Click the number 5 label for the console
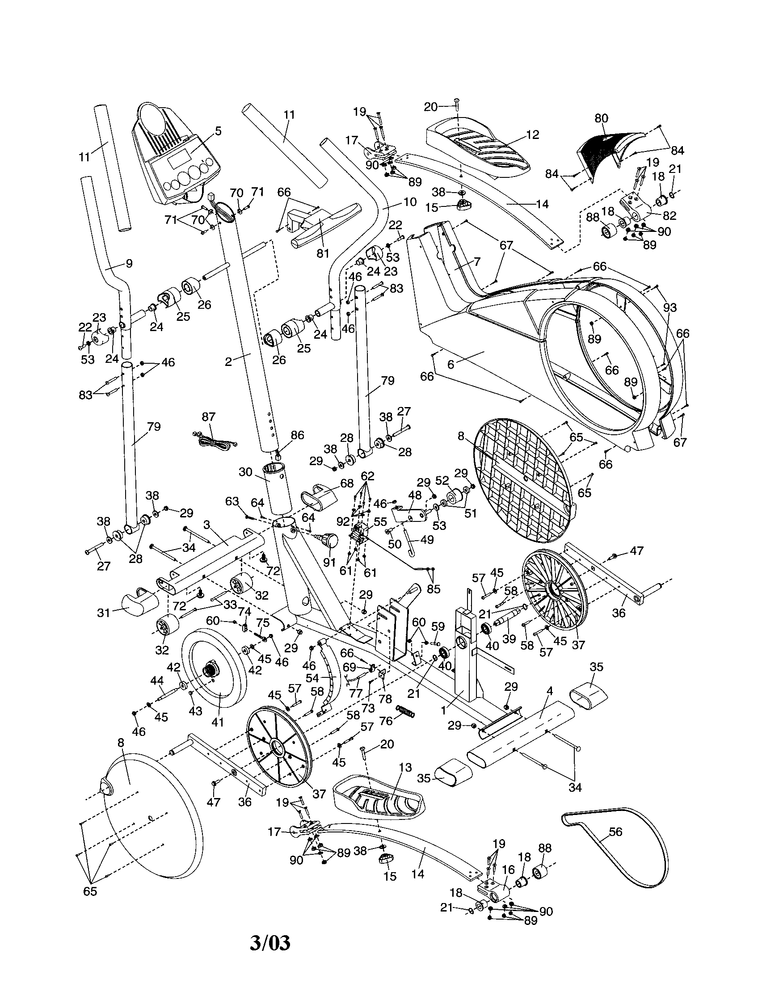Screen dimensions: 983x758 pyautogui.click(x=218, y=131)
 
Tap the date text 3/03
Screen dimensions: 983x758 pyautogui.click(x=270, y=943)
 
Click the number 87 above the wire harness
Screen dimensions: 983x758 pyautogui.click(x=208, y=416)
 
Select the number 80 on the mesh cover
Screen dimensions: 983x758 pyautogui.click(x=601, y=118)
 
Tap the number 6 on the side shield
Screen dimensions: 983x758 pyautogui.click(x=451, y=364)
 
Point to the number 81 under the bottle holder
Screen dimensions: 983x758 pyautogui.click(x=323, y=253)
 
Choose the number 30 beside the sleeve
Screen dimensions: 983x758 pyautogui.click(x=245, y=472)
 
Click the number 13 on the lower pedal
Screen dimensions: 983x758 pyautogui.click(x=405, y=767)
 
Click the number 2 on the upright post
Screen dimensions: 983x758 pyautogui.click(x=228, y=361)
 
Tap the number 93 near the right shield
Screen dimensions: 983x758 pyautogui.click(x=670, y=307)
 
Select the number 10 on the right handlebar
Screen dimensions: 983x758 pyautogui.click(x=409, y=202)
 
